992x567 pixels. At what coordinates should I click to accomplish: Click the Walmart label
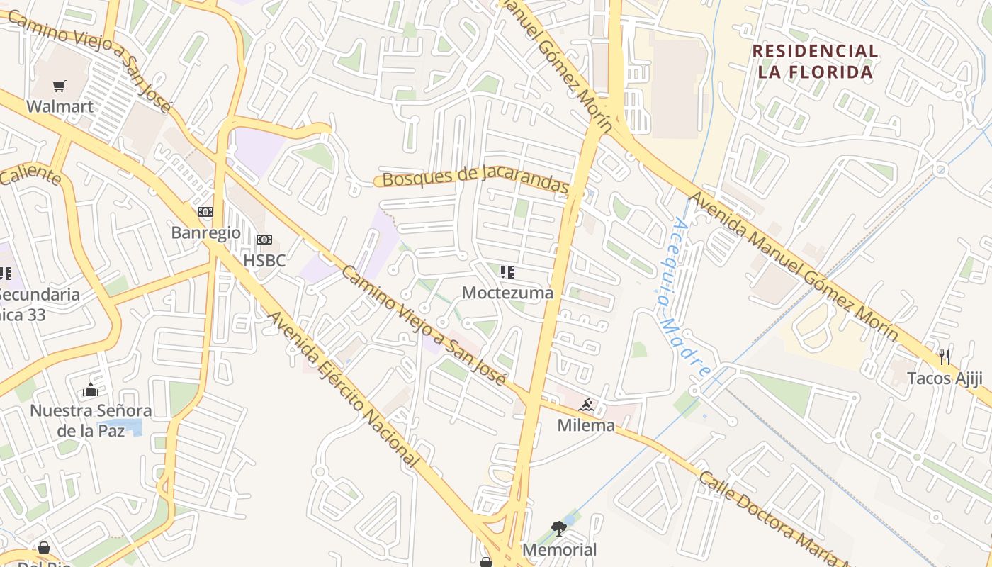[60, 106]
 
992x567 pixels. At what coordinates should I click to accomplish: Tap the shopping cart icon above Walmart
[60, 86]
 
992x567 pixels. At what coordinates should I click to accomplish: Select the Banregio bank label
[205, 232]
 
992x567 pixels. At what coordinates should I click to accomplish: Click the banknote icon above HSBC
[264, 240]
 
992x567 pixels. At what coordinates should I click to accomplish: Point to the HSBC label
[264, 260]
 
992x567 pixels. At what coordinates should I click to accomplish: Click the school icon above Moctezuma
[507, 272]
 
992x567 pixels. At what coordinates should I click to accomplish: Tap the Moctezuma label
[507, 293]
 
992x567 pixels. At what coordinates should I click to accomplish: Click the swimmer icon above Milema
[586, 405]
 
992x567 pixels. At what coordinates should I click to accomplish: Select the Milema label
[586, 425]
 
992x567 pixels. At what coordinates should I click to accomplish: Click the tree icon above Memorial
[559, 529]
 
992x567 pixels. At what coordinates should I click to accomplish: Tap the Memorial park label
[559, 549]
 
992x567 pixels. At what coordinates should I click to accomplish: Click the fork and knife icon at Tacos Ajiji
[945, 357]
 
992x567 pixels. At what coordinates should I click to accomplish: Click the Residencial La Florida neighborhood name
[815, 62]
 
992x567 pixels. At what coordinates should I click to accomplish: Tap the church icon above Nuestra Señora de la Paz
[91, 390]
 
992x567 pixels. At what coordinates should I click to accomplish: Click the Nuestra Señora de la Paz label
[91, 420]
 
